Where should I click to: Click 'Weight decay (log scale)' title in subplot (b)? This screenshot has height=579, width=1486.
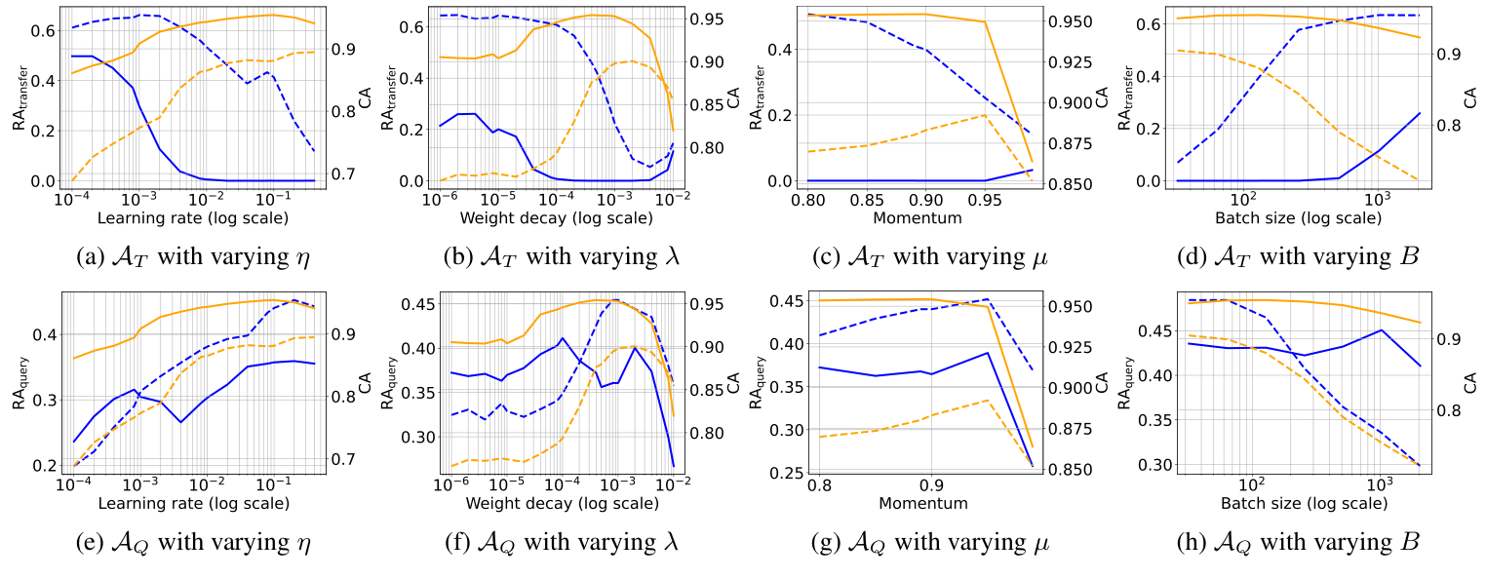[x=556, y=218]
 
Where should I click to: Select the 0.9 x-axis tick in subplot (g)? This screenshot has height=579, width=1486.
[x=931, y=485]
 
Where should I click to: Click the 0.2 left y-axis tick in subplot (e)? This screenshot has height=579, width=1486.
[x=47, y=465]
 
